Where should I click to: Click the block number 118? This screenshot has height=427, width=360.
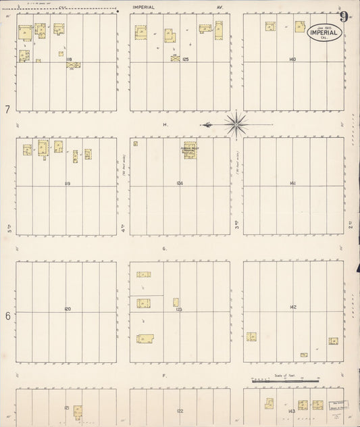(x=69, y=59)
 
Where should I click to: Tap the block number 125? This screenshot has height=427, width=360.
(x=185, y=59)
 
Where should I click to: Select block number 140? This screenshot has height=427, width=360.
(x=292, y=59)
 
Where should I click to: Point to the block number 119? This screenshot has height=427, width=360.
(x=68, y=183)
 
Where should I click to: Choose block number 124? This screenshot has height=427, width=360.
(x=179, y=183)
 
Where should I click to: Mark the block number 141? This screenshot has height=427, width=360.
(x=292, y=183)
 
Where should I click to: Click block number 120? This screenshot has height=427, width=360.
(x=68, y=309)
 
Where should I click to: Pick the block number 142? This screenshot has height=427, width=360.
(x=292, y=307)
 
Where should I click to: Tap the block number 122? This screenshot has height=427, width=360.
(x=180, y=411)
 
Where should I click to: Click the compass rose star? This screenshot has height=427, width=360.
(x=236, y=124)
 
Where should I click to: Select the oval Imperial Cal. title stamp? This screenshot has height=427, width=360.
(x=324, y=32)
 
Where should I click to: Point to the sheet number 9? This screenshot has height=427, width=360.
(x=344, y=17)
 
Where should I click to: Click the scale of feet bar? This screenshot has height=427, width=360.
(x=285, y=381)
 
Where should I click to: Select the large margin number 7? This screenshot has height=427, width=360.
(x=7, y=109)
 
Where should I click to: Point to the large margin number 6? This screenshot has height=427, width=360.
(x=7, y=316)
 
